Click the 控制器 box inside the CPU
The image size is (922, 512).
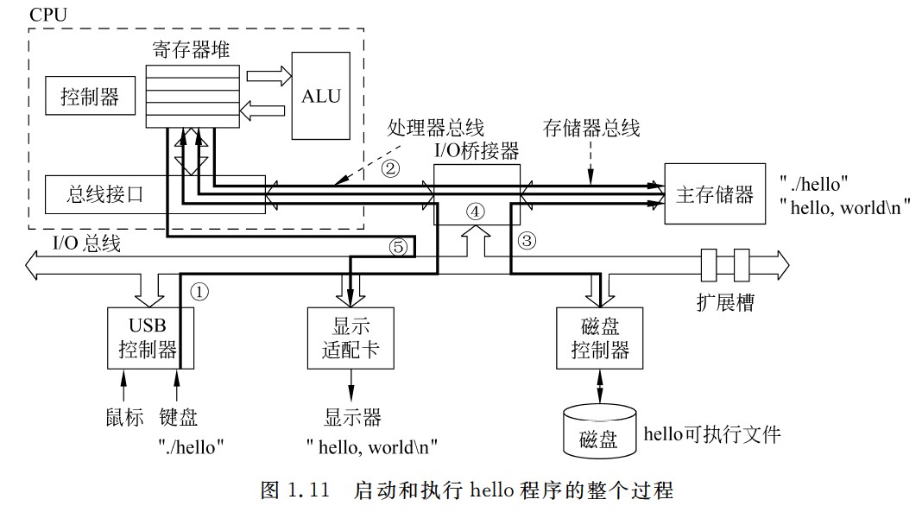coord(90,97)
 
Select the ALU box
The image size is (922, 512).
coord(321,95)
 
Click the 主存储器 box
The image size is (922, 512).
coord(714,193)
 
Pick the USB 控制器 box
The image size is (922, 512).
coord(148,338)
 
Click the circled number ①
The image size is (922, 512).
coord(199,292)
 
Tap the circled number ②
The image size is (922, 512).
coord(392,167)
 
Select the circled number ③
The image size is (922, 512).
coord(527,242)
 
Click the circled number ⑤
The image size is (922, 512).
coord(398,248)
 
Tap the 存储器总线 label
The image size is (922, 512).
coord(591,130)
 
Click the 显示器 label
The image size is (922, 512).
coord(352,418)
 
